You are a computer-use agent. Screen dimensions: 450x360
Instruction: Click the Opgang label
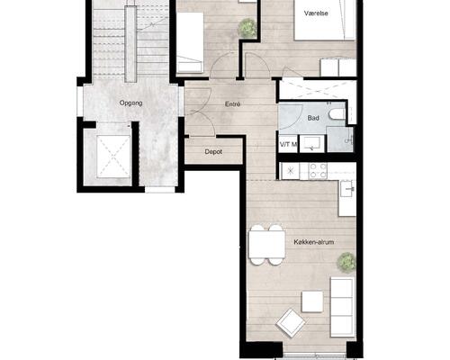(130, 103)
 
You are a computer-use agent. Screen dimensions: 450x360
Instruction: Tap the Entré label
(232, 104)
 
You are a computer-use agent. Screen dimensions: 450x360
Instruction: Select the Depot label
(213, 152)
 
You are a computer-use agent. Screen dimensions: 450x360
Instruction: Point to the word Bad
(313, 118)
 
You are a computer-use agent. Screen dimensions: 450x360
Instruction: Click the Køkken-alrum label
(314, 242)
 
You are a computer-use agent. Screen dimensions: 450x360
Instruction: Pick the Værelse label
(316, 13)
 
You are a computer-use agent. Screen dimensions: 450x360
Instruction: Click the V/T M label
(288, 145)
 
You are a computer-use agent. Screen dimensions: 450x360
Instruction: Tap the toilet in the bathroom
(337, 114)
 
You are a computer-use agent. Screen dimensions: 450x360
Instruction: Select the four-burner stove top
(318, 171)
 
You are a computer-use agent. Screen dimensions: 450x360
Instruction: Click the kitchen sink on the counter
(347, 188)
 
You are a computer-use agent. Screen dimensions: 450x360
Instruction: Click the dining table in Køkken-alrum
(267, 245)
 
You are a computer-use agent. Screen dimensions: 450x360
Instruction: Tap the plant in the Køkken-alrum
(346, 262)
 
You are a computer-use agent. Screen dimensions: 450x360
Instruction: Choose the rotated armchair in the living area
(291, 323)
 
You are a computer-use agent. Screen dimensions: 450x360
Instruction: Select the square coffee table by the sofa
(312, 301)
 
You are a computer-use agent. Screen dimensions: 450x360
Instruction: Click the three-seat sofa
(342, 307)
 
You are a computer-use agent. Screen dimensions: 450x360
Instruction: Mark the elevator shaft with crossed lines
(113, 157)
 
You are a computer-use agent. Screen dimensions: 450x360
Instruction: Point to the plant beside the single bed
(247, 28)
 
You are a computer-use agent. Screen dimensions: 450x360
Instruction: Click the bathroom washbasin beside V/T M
(312, 144)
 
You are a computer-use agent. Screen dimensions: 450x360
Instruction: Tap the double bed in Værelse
(325, 20)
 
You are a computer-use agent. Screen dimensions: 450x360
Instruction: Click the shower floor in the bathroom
(340, 139)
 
